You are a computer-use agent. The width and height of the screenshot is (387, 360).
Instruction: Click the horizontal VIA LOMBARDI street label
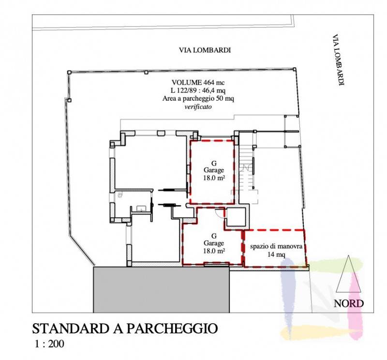pos(205,50)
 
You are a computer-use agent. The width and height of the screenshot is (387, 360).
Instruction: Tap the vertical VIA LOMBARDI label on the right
pos(338,60)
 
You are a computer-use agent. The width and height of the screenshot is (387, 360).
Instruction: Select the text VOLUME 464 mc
pos(198,82)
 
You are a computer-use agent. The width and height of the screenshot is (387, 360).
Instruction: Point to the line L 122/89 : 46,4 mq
pos(198,90)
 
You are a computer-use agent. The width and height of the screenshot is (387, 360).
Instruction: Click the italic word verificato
pos(198,106)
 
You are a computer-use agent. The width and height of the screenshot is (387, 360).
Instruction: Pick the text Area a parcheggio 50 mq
pos(198,99)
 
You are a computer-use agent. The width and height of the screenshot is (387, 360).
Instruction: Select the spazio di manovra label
pos(276,246)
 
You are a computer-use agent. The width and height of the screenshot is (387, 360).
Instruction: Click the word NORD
pos(348,303)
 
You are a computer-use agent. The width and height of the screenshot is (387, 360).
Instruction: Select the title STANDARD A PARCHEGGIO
pos(125,329)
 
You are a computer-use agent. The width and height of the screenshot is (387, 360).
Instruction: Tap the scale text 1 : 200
pos(49,344)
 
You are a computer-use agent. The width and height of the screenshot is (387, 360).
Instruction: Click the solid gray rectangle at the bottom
pos(162,289)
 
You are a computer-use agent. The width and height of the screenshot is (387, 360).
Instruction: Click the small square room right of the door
pos(236,217)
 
